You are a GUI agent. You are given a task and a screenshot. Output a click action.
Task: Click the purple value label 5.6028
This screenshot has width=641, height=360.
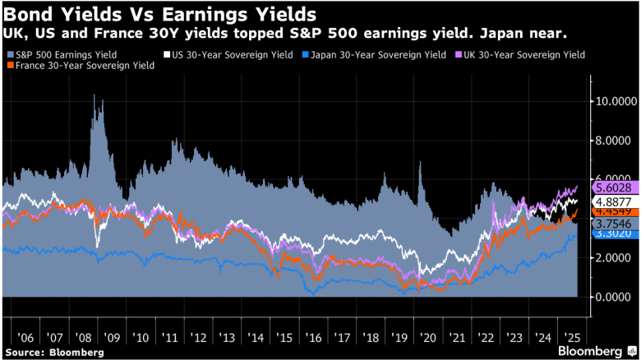click(615, 187)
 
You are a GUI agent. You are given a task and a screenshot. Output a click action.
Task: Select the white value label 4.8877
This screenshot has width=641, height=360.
click(615, 201)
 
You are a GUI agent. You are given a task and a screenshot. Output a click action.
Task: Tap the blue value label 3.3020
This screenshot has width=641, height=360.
click(615, 233)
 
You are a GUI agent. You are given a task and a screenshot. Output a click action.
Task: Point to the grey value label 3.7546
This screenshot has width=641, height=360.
click(615, 223)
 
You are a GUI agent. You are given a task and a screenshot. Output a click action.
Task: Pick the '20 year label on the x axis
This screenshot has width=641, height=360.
click(427, 338)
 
